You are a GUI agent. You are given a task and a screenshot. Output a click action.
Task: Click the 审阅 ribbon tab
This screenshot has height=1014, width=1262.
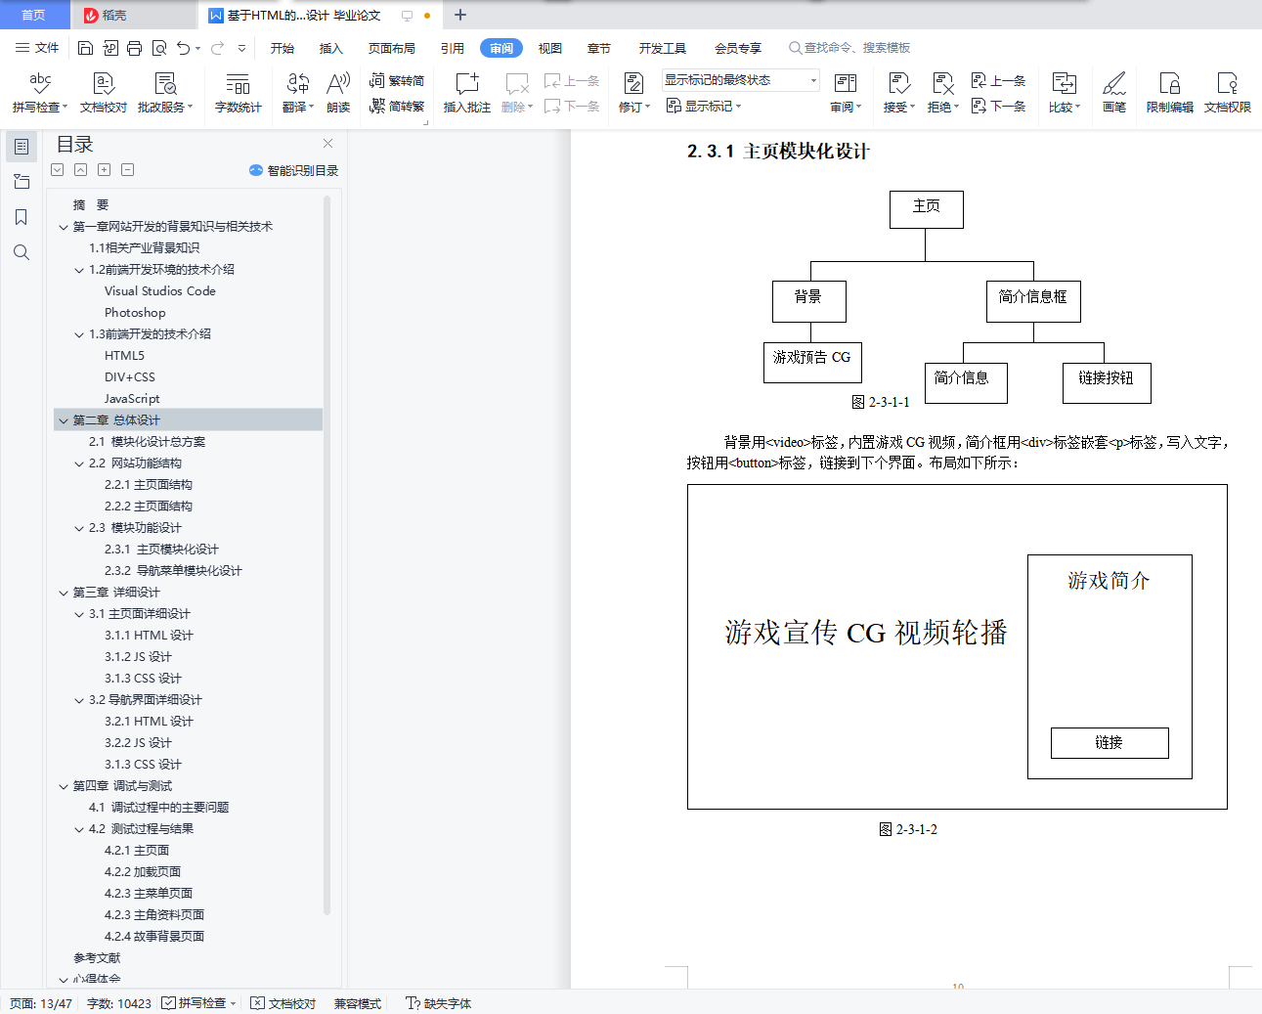pos(500,48)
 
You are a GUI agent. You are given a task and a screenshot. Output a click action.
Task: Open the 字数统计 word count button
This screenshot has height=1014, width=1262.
pos(239,92)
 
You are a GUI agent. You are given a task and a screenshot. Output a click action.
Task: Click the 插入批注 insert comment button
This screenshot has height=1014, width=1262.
pos(467,92)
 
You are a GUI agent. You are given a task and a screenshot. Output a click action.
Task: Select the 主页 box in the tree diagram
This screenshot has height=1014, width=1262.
pos(926,209)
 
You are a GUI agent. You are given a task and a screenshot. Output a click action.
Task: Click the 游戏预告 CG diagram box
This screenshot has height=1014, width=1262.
pos(812,362)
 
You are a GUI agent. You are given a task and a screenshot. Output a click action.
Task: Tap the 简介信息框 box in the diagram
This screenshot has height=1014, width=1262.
pos(1033,301)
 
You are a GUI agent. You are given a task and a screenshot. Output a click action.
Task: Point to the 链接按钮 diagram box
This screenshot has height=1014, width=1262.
pos(1107,382)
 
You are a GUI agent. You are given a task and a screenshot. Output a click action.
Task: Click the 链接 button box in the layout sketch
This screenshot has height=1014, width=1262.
pos(1110,743)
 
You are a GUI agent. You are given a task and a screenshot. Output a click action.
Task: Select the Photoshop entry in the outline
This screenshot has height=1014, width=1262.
pos(135,312)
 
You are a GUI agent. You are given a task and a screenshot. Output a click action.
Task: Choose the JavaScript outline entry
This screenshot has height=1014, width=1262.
pos(132,398)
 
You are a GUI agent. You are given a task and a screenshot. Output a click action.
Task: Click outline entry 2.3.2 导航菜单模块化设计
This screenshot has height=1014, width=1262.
pos(173,570)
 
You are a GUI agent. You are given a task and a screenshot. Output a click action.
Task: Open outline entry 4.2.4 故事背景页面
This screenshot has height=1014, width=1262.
pos(154,936)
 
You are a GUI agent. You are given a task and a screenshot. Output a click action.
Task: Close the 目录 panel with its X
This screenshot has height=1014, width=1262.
pos(327,143)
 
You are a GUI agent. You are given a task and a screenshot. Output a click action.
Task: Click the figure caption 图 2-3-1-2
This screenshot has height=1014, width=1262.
pos(908,829)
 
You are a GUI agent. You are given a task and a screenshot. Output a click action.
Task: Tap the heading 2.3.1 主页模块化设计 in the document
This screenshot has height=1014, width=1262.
pos(778,152)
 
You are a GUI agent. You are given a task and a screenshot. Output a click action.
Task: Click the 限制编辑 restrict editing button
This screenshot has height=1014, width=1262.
pos(1169,92)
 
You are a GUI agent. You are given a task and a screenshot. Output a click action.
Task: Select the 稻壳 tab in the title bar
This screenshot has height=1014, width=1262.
pos(106,15)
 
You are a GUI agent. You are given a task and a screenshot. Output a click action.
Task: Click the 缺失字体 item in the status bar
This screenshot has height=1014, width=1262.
pos(439,1003)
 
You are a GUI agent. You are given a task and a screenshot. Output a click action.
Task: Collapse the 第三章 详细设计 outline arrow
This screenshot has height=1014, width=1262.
pos(64,593)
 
